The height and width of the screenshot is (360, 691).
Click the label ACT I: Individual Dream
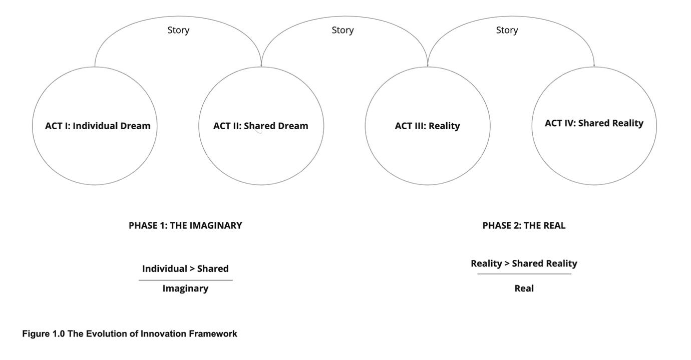pyautogui.click(x=98, y=126)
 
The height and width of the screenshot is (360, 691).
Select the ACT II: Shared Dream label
pyautogui.click(x=261, y=126)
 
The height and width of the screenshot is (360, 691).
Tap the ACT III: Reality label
pyautogui.click(x=427, y=126)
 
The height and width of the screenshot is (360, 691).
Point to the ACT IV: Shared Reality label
pyautogui.click(x=594, y=123)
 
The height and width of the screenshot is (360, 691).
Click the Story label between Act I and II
pyautogui.click(x=178, y=30)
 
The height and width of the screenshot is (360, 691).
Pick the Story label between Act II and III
pyautogui.click(x=342, y=30)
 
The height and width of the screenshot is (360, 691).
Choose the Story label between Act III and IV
pyautogui.click(x=507, y=30)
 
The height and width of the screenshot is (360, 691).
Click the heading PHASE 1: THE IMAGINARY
pyautogui.click(x=185, y=225)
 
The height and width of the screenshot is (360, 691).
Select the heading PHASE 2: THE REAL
pyautogui.click(x=524, y=225)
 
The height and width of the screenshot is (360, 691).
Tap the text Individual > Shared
pyautogui.click(x=185, y=268)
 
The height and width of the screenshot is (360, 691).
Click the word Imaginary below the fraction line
pyautogui.click(x=185, y=288)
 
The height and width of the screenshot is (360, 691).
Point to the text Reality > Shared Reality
pyautogui.click(x=524, y=263)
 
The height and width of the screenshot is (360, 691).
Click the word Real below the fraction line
pyautogui.click(x=524, y=288)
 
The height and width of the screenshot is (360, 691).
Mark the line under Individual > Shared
pyautogui.click(x=185, y=280)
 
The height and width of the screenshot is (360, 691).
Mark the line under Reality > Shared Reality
pyautogui.click(x=524, y=274)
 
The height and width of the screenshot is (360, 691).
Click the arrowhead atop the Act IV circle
pyautogui.click(x=594, y=65)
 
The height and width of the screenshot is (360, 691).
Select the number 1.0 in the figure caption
pyautogui.click(x=59, y=333)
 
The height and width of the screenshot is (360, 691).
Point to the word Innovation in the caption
pyautogui.click(x=163, y=333)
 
